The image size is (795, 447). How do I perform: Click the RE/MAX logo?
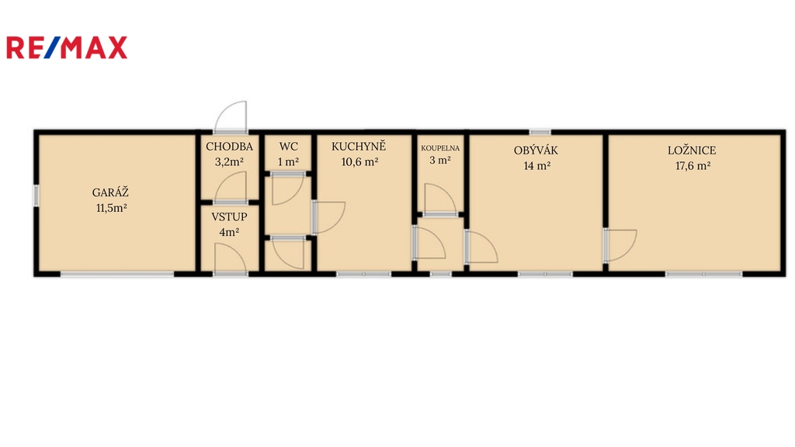click(67, 47)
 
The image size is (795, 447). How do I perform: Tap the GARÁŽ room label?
click(110, 192)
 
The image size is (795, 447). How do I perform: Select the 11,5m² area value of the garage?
click(112, 208)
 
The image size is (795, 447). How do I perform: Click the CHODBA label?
click(229, 147)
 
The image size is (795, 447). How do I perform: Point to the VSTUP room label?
click(229, 217)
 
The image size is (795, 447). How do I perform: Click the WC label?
click(289, 147)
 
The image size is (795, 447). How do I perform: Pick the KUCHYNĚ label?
click(359, 146)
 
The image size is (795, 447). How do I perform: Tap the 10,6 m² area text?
click(359, 162)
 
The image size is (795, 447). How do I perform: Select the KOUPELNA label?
click(440, 148)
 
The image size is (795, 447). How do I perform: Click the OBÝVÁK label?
click(536, 150)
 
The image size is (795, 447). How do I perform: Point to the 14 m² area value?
click(537, 166)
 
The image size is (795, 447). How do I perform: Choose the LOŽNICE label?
click(692, 150)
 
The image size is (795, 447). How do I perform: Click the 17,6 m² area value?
click(693, 166)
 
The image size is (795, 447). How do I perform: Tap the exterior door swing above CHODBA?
click(231, 116)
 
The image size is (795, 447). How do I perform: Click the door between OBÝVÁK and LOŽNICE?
click(620, 245)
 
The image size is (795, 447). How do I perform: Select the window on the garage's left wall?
click(36, 196)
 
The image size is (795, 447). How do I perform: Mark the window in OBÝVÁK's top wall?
click(540, 132)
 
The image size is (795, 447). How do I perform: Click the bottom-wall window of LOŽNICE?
click(703, 274)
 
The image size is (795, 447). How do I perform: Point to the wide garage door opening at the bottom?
click(117, 274)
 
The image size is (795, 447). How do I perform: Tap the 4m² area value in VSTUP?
click(229, 233)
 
